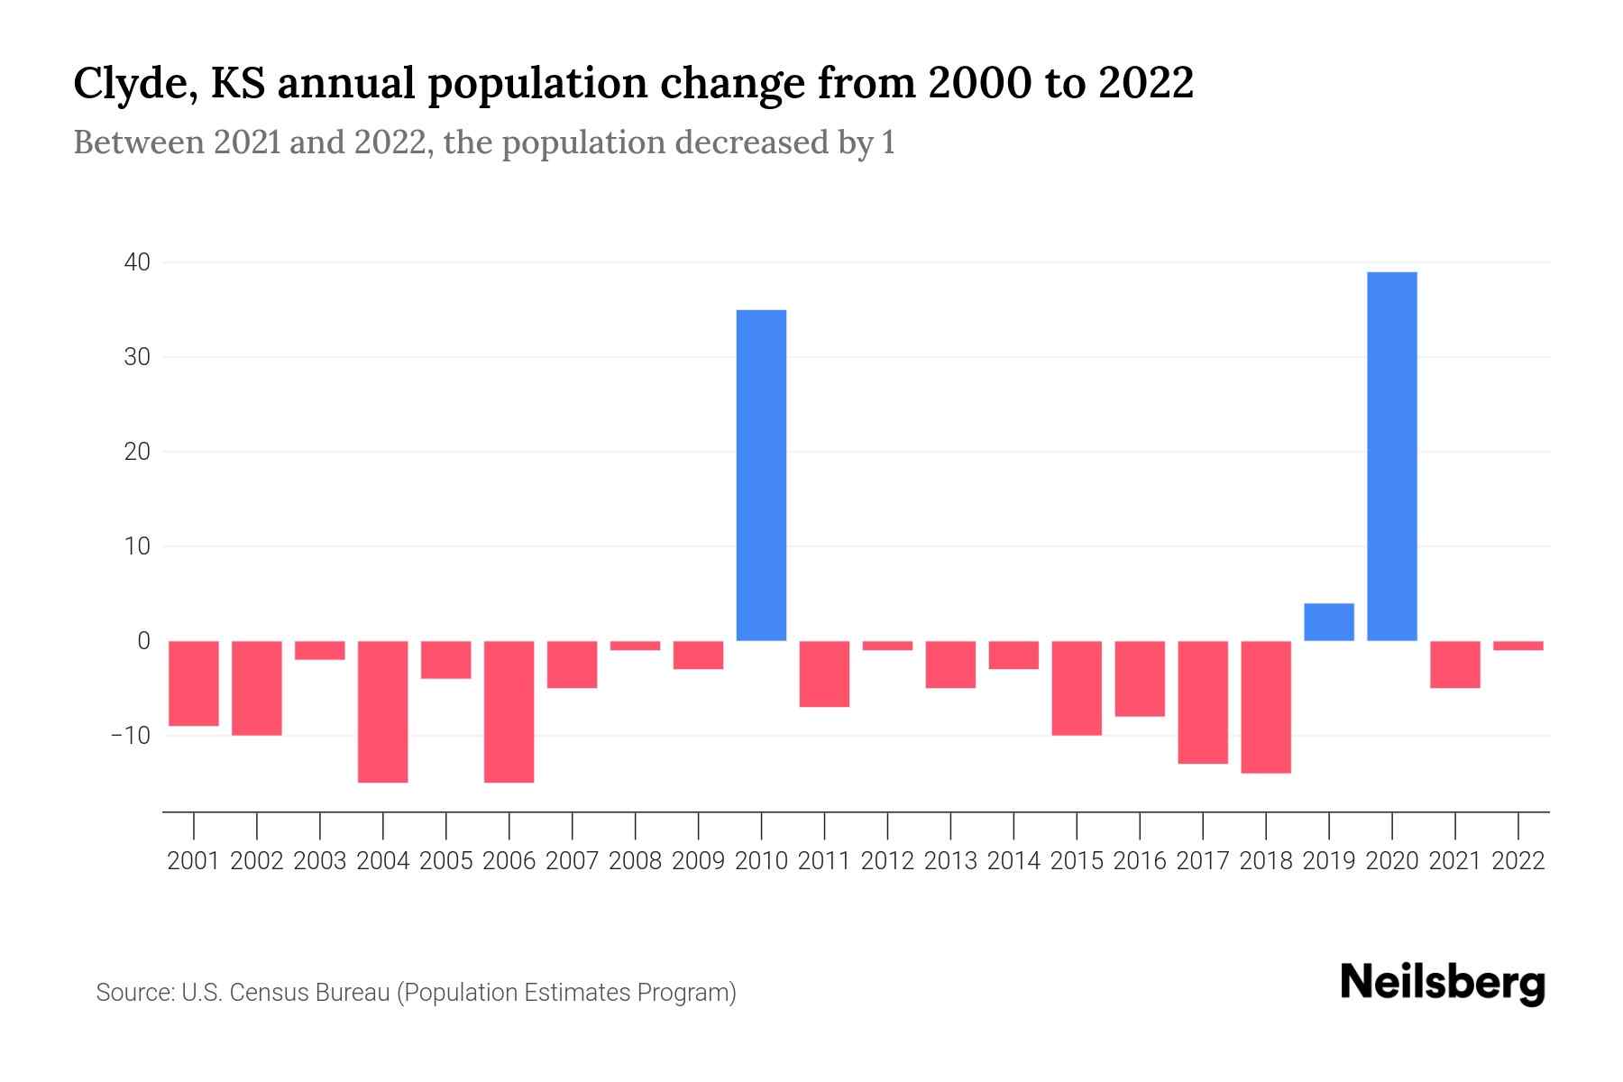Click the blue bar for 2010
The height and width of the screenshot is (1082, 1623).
point(761,475)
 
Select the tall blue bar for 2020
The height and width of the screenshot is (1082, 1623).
point(1391,456)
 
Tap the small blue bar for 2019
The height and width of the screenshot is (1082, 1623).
point(1328,622)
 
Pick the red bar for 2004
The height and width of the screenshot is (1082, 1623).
point(382,711)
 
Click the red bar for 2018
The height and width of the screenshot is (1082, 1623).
point(1265,707)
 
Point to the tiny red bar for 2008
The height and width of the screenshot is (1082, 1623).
point(635,646)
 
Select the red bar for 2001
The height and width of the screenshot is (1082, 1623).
point(194,683)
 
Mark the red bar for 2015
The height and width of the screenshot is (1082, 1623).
point(1076,688)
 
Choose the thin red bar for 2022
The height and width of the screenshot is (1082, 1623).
point(1518,646)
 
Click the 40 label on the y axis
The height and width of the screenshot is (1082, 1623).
point(137,262)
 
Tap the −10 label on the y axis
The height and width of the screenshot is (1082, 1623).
point(130,735)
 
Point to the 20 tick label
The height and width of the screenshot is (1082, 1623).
point(137,452)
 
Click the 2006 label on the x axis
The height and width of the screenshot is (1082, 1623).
point(509,861)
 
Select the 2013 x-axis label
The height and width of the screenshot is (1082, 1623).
point(949,861)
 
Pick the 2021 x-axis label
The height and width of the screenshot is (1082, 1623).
point(1454,861)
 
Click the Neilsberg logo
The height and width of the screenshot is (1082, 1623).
point(1442,984)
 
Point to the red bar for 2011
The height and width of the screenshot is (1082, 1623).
point(824,674)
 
